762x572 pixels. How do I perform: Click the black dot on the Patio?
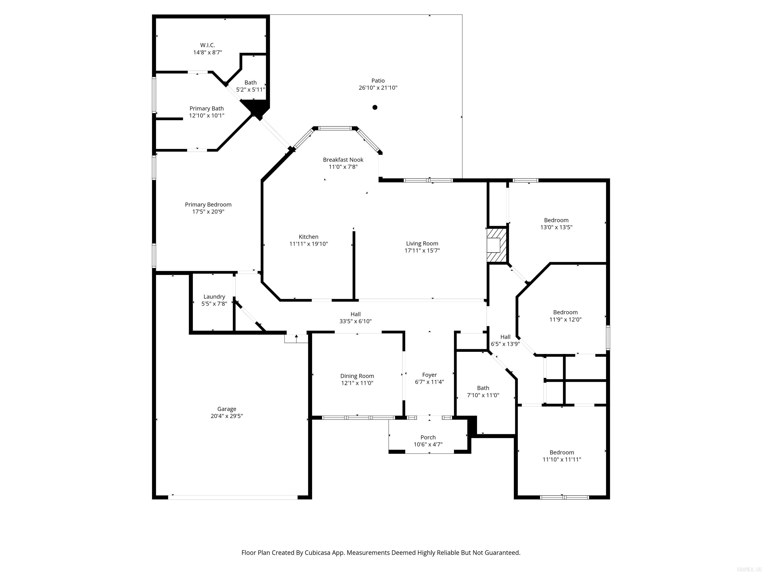[375, 107]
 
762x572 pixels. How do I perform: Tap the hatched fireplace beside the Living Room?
[496, 246]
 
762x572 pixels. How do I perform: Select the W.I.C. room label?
[207, 45]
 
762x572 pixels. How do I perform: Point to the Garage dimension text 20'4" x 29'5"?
[227, 416]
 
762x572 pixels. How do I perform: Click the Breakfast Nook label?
[343, 160]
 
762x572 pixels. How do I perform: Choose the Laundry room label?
[214, 296]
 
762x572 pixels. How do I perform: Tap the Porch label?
[428, 437]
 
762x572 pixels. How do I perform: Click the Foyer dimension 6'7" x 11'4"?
[429, 382]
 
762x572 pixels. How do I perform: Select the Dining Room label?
[357, 376]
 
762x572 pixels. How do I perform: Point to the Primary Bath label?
[206, 108]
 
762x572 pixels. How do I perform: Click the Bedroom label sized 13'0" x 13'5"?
[556, 220]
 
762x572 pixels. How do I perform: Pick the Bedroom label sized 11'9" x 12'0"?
[565, 312]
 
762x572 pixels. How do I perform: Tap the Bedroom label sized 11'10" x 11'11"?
[562, 452]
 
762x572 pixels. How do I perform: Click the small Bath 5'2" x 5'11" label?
[251, 82]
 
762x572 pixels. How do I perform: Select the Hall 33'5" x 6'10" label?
[355, 314]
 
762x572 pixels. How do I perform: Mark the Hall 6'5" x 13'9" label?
[505, 337]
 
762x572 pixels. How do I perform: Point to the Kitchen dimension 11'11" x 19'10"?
[308, 244]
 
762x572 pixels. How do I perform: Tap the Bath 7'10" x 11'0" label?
[483, 388]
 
